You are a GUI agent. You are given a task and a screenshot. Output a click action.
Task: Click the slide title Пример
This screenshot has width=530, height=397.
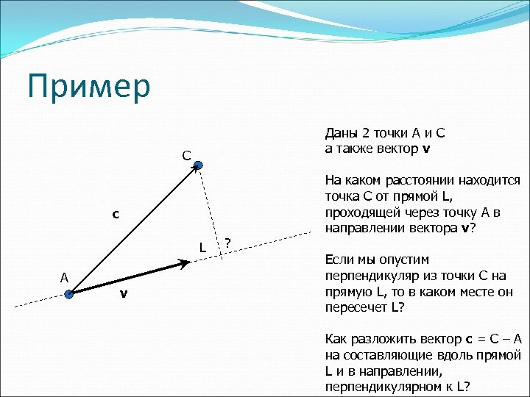coord(88,87)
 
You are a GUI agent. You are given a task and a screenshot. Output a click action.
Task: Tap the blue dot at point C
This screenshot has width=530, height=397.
coord(199,167)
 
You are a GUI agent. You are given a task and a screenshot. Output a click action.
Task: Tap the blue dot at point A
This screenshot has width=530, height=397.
coord(68,295)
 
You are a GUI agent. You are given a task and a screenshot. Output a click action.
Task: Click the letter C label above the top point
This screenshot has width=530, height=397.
coord(187,155)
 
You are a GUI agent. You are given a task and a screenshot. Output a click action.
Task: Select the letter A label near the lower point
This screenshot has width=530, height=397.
coord(64,277)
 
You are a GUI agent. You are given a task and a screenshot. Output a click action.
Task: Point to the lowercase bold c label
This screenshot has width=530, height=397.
coord(115,214)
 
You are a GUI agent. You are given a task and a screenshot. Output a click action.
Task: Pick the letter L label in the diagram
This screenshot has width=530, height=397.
coord(202,247)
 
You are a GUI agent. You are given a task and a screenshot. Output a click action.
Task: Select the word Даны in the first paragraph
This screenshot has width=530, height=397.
coord(340,133)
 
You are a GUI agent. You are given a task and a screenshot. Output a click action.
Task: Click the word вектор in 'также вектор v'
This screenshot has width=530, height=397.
coord(398,148)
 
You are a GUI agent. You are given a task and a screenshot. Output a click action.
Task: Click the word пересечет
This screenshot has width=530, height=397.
coord(351,307)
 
